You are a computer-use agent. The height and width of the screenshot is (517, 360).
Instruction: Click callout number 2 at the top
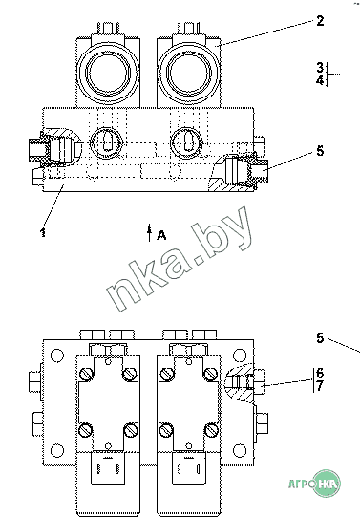320,21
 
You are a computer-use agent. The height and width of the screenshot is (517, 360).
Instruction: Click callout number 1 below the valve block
43,232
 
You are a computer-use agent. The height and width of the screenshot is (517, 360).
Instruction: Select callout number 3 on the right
320,68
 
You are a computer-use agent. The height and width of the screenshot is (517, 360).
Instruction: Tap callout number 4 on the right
320,80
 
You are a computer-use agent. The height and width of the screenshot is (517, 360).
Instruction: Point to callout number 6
320,374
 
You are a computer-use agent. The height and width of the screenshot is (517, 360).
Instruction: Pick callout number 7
320,386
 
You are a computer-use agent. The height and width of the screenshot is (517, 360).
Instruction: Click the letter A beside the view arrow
161,235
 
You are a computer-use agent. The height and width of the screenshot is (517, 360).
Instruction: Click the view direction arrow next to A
150,233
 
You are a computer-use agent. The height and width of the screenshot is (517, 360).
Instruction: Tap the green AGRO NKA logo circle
326,484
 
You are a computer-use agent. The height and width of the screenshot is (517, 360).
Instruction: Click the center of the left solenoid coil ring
108,73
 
